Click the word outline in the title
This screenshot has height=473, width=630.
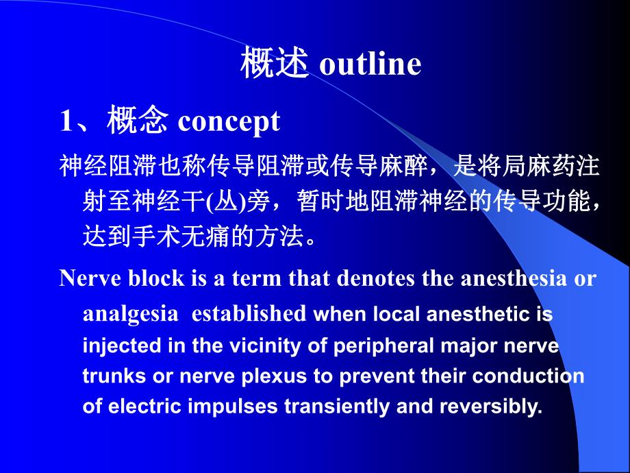click(x=370, y=64)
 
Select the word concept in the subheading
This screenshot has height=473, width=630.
click(x=229, y=121)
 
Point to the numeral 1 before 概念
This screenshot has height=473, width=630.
click(x=66, y=121)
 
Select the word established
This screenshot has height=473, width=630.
click(x=249, y=314)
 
